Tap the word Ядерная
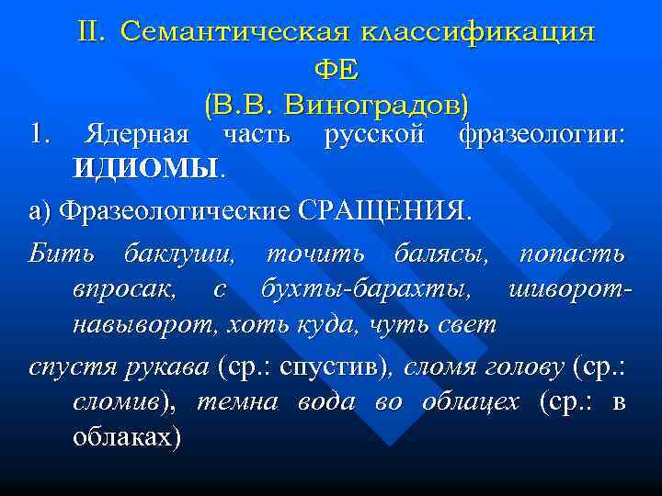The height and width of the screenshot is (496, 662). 137,135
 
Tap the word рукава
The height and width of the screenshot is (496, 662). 176,367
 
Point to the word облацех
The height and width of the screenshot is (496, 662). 470,403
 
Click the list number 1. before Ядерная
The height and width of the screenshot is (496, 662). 38,135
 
